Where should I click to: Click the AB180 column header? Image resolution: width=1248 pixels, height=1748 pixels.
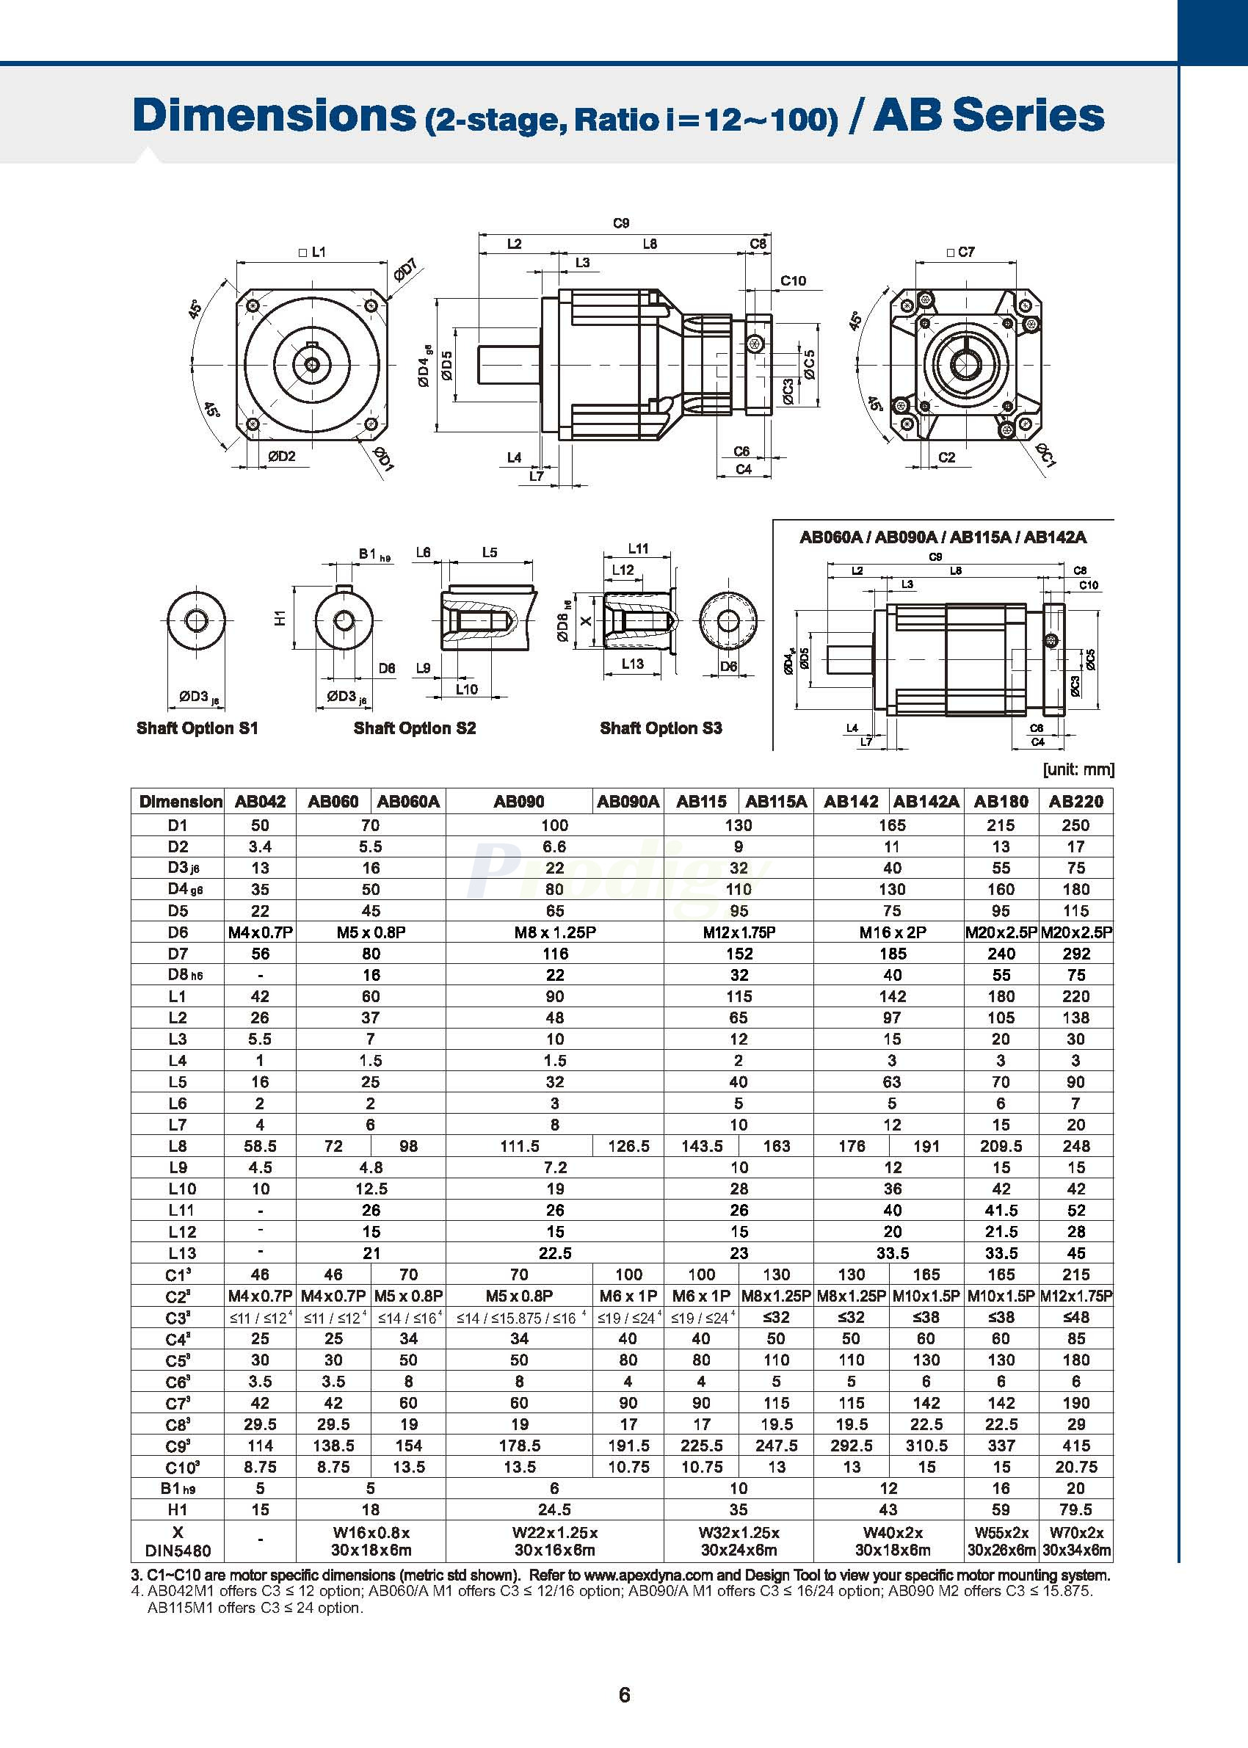pyautogui.click(x=1001, y=802)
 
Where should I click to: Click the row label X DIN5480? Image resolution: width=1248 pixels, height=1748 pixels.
pyautogui.click(x=178, y=1541)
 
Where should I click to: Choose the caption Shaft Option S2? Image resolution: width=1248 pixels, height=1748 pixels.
pyautogui.click(x=414, y=728)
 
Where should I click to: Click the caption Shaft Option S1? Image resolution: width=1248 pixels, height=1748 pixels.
pyautogui.click(x=197, y=728)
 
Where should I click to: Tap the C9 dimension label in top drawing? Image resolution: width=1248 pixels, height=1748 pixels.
pyautogui.click(x=621, y=223)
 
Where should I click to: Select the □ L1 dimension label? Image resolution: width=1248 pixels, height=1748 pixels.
pyautogui.click(x=312, y=252)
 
